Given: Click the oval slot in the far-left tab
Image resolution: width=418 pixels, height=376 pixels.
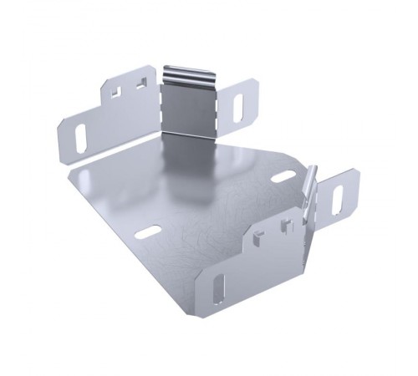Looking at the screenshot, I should (x=80, y=137).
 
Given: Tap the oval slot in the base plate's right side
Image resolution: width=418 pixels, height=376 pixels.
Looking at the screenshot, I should (x=283, y=177).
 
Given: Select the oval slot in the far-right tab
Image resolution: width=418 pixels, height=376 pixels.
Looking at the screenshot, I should (x=339, y=199).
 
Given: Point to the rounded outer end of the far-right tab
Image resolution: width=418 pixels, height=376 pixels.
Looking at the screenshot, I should (x=354, y=178).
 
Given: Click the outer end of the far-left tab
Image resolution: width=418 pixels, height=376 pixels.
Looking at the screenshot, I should (x=63, y=142).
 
